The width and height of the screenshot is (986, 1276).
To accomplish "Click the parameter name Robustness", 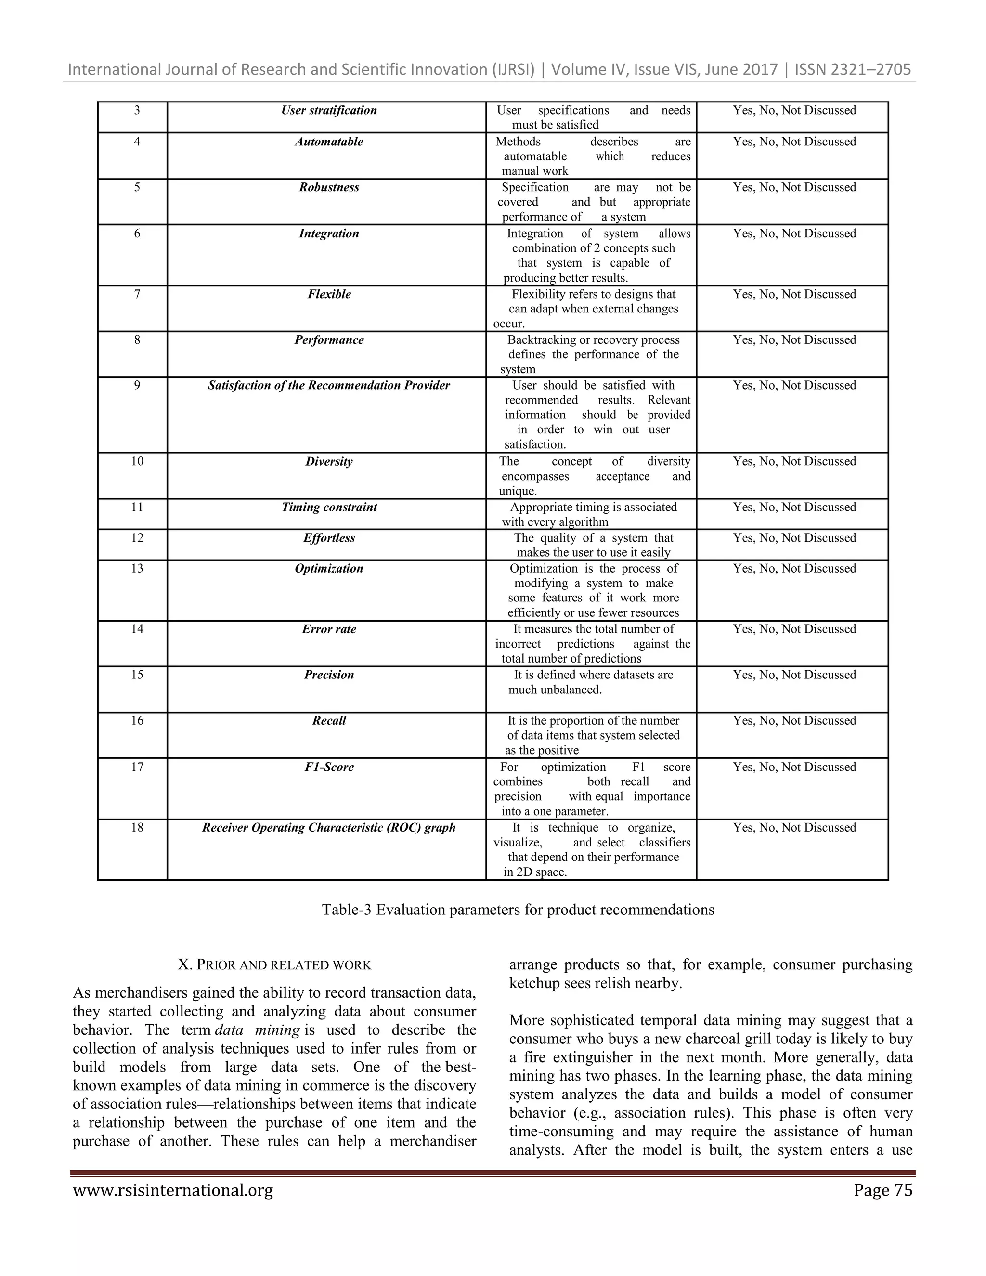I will (329, 187).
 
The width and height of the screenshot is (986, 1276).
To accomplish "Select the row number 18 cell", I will (137, 827).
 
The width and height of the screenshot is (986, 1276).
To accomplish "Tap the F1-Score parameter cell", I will (329, 767).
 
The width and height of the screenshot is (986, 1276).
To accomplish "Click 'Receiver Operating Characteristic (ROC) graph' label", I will (328, 827).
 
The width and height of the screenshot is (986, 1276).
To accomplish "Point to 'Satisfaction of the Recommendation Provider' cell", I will (328, 386).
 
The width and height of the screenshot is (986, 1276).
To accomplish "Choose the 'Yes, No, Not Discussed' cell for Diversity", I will (794, 462).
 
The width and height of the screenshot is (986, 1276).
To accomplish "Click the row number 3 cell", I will (137, 110).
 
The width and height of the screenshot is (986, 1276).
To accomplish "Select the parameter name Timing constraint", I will (329, 507).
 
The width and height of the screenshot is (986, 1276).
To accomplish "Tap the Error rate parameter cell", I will (329, 629).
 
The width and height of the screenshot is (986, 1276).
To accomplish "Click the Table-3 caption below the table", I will (518, 910).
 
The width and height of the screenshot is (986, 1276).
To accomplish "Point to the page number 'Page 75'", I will (882, 1190).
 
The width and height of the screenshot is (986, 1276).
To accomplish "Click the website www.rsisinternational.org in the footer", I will (173, 1190).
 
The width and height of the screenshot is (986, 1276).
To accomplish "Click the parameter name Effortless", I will (329, 538).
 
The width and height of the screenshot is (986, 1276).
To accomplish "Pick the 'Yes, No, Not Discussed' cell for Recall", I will (794, 721).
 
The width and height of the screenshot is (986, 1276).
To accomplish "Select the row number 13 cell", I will (137, 569).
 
